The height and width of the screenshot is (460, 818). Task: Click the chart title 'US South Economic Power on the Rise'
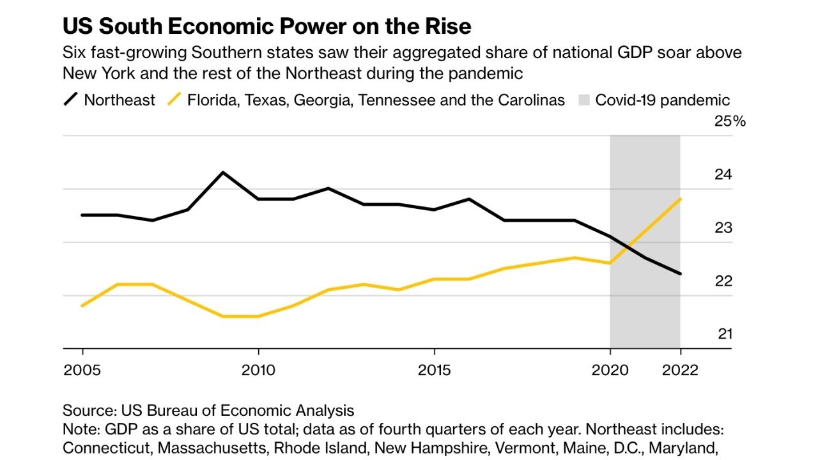pyautogui.click(x=266, y=26)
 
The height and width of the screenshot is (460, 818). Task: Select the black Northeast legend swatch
pyautogui.click(x=71, y=100)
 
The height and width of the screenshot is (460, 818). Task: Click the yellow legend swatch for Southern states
pyautogui.click(x=174, y=100)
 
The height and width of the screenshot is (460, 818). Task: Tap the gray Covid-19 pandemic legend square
pyautogui.click(x=583, y=100)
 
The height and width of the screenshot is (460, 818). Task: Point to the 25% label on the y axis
pyautogui.click(x=730, y=121)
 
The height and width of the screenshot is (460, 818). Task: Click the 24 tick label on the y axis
pyautogui.click(x=723, y=174)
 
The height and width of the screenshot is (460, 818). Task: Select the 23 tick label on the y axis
pyautogui.click(x=723, y=228)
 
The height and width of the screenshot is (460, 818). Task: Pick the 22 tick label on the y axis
pyautogui.click(x=723, y=281)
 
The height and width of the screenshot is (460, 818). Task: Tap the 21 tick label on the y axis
pyautogui.click(x=723, y=334)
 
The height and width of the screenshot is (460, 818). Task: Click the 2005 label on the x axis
pyautogui.click(x=82, y=371)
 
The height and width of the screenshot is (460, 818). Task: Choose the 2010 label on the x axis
pyautogui.click(x=258, y=371)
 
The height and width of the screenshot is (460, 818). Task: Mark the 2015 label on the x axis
pyautogui.click(x=434, y=371)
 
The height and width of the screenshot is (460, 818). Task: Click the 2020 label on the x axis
pyautogui.click(x=610, y=371)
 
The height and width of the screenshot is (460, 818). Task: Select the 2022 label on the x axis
pyautogui.click(x=680, y=371)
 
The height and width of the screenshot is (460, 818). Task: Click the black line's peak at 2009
pyautogui.click(x=223, y=172)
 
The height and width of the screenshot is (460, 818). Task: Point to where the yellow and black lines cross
pyautogui.click(x=629, y=247)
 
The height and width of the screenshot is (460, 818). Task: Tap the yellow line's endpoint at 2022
pyautogui.click(x=680, y=199)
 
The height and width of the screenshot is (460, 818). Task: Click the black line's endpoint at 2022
pyautogui.click(x=680, y=273)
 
